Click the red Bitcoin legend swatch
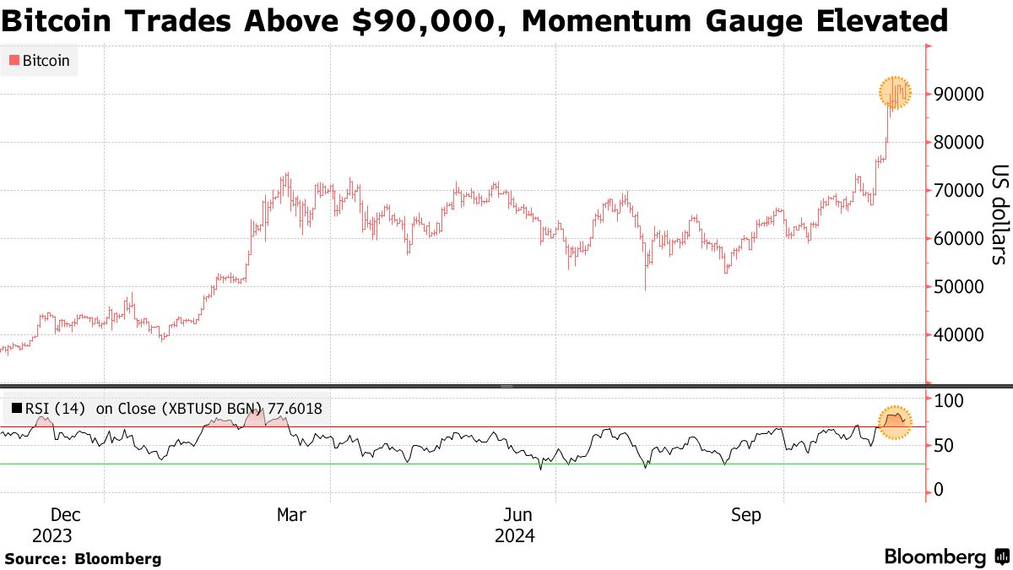14,61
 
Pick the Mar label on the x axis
291,514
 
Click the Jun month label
517,514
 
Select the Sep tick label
746,514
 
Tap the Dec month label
66,514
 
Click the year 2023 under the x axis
52,535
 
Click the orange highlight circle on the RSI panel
895,421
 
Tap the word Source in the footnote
34,559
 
